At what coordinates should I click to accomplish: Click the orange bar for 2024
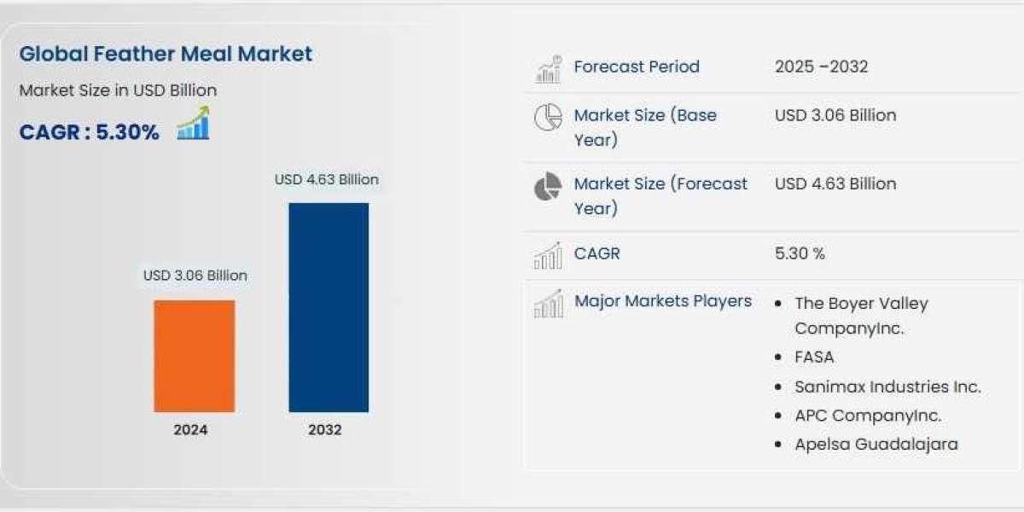click(x=194, y=356)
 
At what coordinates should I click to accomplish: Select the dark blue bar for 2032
click(x=329, y=307)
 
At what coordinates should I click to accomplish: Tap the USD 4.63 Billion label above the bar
click(x=326, y=180)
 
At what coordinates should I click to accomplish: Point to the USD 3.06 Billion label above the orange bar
click(x=195, y=276)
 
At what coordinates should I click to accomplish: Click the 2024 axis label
click(x=190, y=430)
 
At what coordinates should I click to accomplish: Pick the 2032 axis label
click(x=324, y=430)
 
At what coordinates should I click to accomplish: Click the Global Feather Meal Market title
click(x=166, y=54)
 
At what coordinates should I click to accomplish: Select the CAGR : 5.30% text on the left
click(x=89, y=132)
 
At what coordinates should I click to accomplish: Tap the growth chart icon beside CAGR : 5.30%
click(x=193, y=124)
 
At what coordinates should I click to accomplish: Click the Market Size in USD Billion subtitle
click(x=118, y=90)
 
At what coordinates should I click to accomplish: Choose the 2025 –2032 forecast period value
click(x=821, y=67)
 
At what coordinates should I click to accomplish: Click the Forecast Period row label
click(x=637, y=67)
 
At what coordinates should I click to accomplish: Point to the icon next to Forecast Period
click(x=549, y=68)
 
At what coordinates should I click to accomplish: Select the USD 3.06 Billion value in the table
click(x=835, y=115)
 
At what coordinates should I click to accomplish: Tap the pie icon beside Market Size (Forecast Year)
click(x=548, y=186)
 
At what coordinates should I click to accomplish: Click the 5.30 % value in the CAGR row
click(x=800, y=253)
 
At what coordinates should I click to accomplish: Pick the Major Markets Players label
click(x=663, y=301)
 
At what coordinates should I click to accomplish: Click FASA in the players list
click(x=814, y=358)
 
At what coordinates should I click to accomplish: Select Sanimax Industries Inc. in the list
click(x=887, y=387)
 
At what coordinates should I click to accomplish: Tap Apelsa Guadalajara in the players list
click(x=876, y=444)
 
